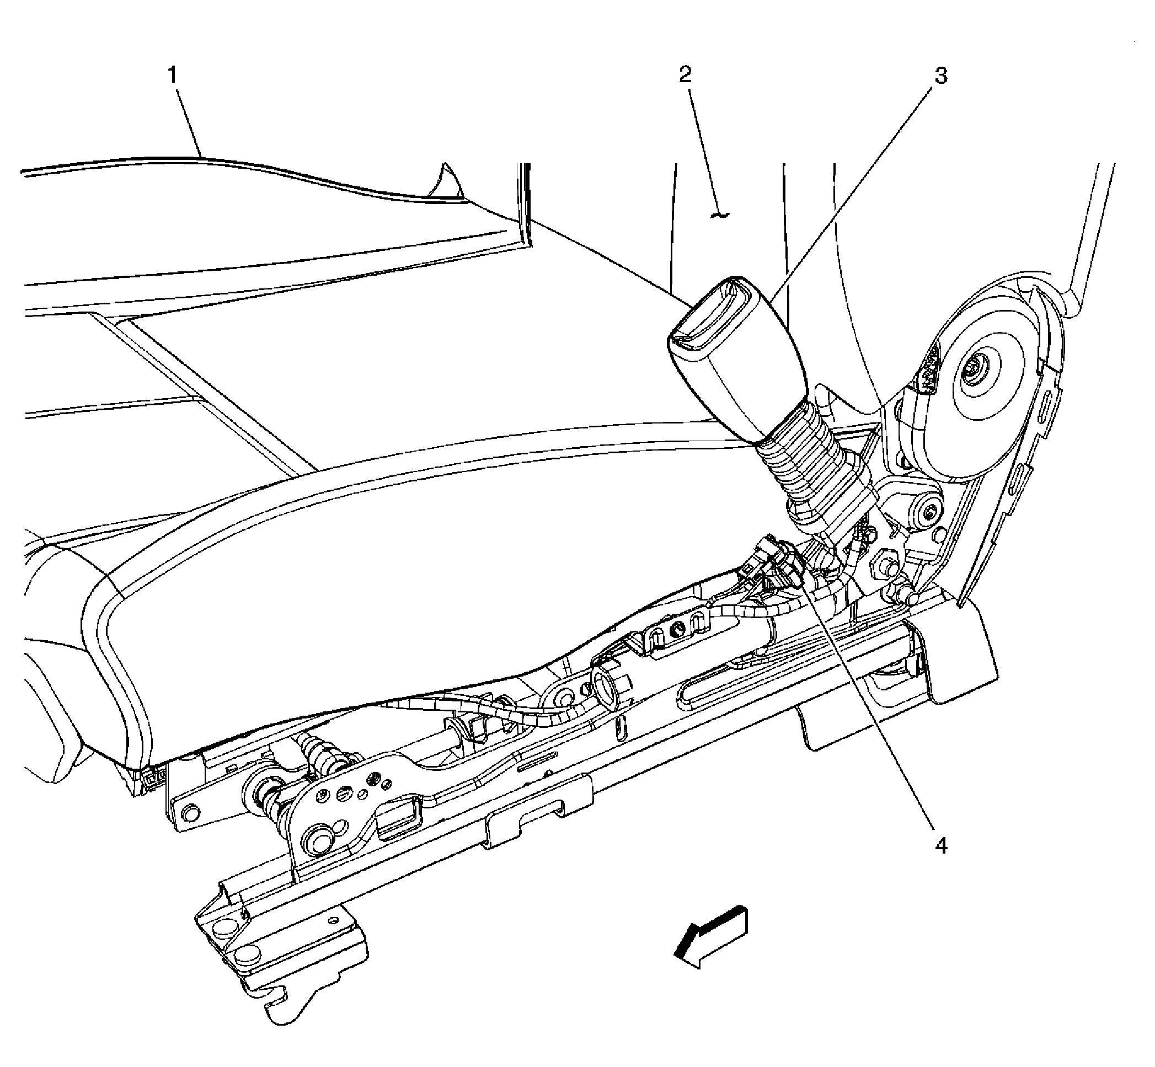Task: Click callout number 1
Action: tap(173, 75)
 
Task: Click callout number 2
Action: tap(686, 74)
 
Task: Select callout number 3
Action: tap(941, 76)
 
